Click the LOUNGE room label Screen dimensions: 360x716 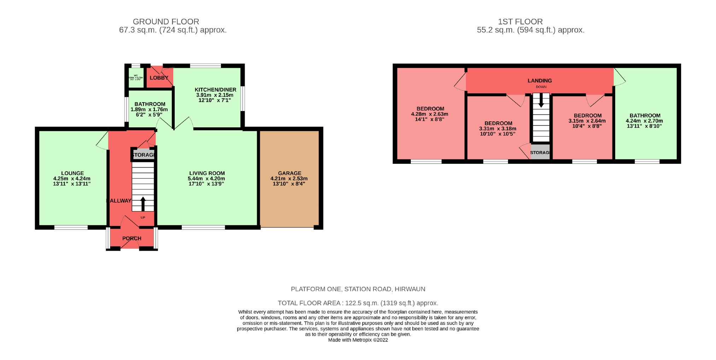(72, 173)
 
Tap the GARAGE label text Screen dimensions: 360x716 (290, 173)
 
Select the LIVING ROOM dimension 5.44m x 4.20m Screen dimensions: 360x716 (206, 179)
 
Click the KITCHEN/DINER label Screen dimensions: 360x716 (215, 90)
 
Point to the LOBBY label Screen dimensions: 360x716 (159, 78)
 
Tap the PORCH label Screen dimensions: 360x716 (132, 238)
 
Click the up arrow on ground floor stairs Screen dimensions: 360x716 (143, 204)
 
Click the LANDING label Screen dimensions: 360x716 (540, 81)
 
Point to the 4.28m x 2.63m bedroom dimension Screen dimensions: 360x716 (430, 114)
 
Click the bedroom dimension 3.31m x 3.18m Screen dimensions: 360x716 (497, 129)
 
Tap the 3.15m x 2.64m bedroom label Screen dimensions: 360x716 (587, 121)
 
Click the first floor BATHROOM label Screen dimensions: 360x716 (645, 116)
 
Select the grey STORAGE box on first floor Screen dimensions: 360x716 (540, 152)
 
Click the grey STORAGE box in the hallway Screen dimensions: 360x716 (143, 155)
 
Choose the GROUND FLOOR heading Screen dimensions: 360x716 (166, 22)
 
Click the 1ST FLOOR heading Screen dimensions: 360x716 (520, 22)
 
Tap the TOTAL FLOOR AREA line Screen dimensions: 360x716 (358, 303)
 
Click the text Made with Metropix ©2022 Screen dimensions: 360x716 (358, 340)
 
